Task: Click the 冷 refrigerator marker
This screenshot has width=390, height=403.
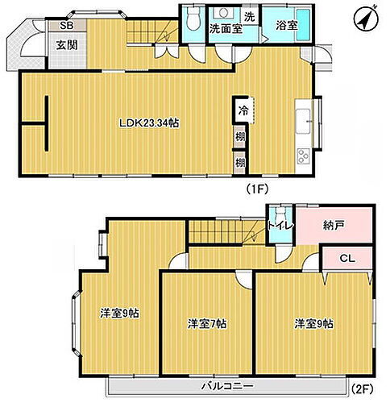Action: pyautogui.click(x=241, y=106)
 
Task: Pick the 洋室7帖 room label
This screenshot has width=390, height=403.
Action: pyautogui.click(x=207, y=324)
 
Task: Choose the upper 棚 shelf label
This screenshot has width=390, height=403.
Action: pyautogui.click(x=241, y=138)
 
